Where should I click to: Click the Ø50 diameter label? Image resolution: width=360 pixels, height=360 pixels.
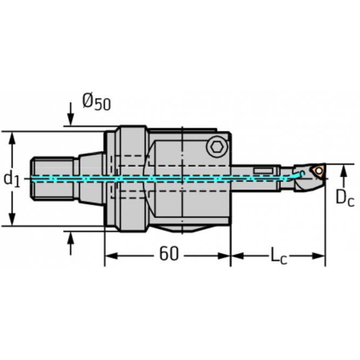point(96,101)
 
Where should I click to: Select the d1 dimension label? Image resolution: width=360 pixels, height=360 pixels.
point(11,178)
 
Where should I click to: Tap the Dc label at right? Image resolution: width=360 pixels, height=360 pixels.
point(344,198)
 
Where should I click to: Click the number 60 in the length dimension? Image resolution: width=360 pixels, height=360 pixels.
point(168,254)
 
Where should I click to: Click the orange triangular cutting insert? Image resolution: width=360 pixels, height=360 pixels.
point(319,172)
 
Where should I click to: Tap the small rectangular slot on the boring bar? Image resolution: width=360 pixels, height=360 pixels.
point(263,171)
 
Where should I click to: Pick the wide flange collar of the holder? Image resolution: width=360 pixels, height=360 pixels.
point(131,178)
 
